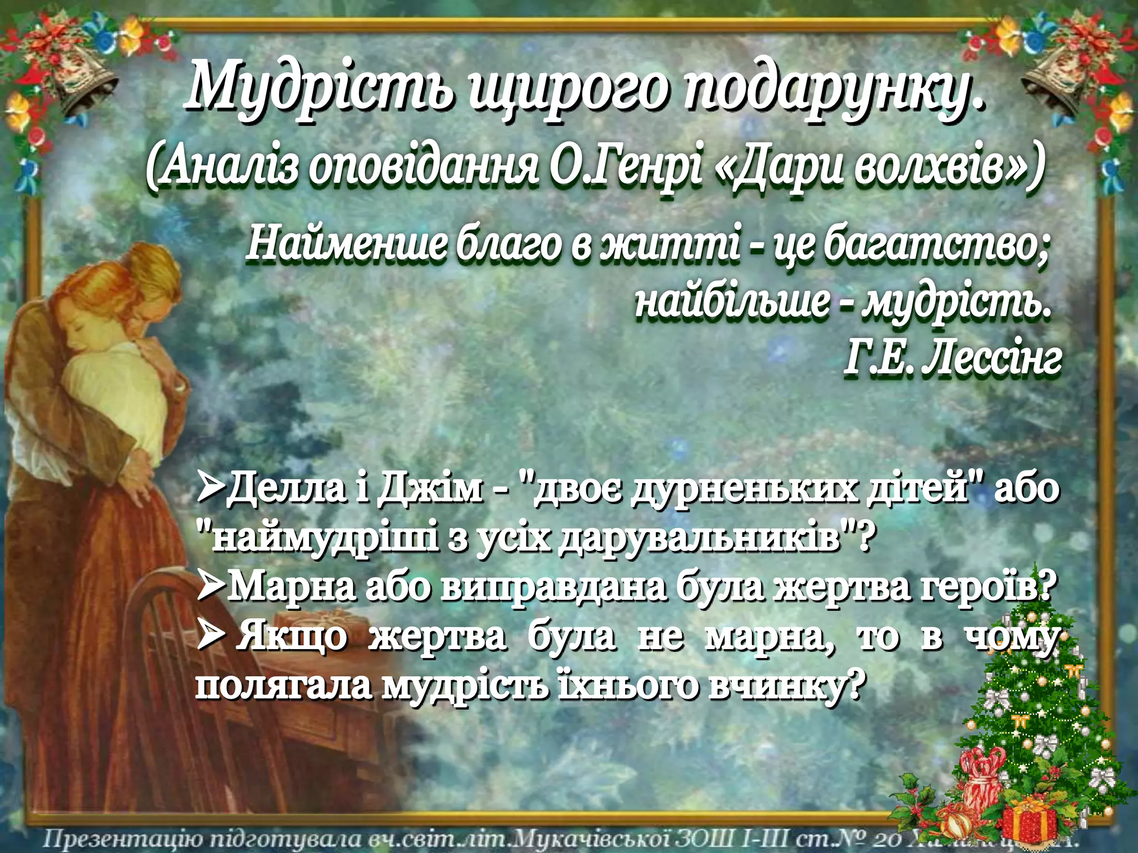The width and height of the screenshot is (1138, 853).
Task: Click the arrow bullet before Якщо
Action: tap(210, 635)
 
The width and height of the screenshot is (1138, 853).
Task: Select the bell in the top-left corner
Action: tap(83, 83)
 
